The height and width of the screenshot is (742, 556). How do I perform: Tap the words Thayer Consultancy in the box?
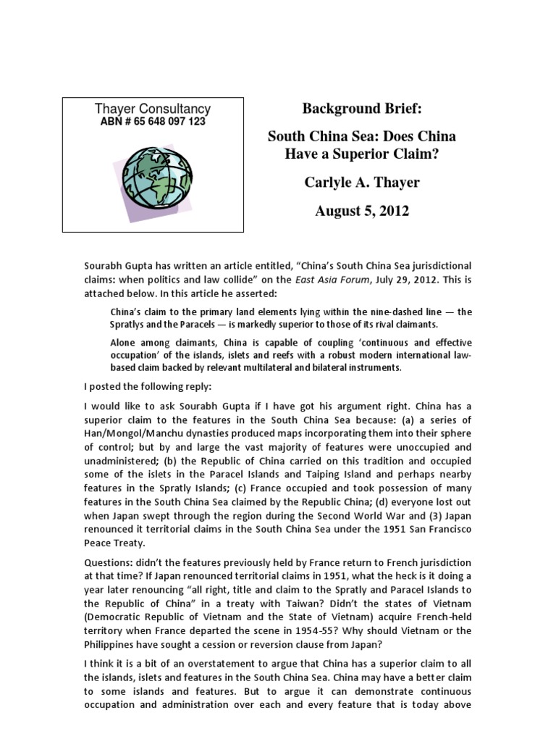coord(153,109)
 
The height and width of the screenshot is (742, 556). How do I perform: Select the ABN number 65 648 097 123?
coord(153,122)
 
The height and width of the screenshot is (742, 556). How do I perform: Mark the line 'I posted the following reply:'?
coord(151,385)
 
